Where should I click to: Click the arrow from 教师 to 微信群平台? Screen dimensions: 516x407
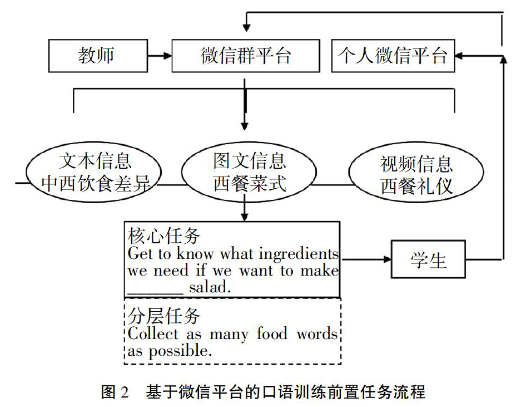click(x=160, y=56)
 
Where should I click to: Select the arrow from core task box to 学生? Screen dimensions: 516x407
click(x=366, y=259)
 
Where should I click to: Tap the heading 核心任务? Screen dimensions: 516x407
click(x=164, y=236)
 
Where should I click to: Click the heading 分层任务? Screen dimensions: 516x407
click(x=164, y=316)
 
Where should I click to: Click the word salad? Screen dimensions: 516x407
click(x=210, y=287)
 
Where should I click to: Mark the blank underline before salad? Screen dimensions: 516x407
click(x=155, y=293)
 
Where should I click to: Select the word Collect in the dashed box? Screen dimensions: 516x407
click(x=153, y=334)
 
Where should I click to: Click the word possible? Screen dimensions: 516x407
click(x=180, y=351)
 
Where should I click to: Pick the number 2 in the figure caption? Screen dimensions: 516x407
click(x=125, y=392)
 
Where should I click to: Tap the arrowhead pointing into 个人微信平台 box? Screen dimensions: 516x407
click(x=458, y=56)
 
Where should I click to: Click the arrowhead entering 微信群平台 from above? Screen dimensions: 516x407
click(x=246, y=28)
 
